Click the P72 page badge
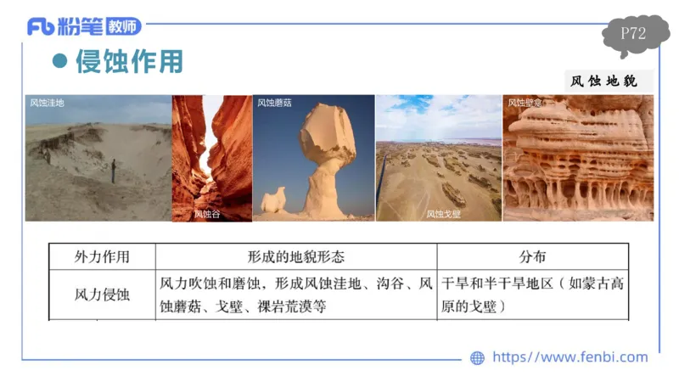point(633,35)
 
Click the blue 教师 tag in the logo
point(124,27)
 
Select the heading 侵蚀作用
point(129,62)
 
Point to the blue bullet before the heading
point(59,62)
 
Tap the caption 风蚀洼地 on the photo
point(47,103)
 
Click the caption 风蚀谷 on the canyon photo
point(206,214)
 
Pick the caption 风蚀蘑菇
point(274,103)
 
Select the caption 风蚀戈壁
point(442,214)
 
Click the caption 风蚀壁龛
point(525,103)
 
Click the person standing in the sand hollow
point(113,170)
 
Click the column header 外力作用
point(102,256)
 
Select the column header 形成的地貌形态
point(295,256)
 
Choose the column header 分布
point(532,256)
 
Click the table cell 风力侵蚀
point(102,295)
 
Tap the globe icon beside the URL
point(477,358)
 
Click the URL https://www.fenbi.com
point(570,357)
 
